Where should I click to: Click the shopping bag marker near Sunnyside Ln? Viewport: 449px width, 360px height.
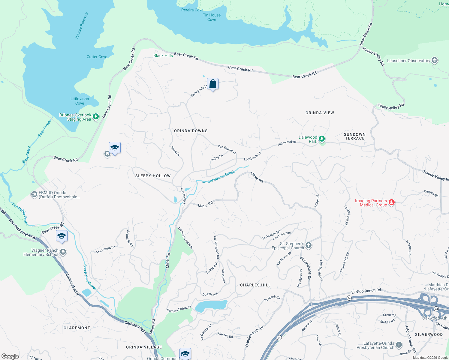coord(212,84)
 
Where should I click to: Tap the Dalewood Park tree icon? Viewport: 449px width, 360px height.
coord(321,139)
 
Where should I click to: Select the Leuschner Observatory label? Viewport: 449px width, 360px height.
coord(408,61)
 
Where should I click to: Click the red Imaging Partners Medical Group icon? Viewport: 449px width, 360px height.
coord(391,202)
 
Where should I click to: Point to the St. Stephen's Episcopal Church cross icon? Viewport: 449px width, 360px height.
coord(309,246)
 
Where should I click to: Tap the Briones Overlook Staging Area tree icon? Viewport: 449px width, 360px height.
coord(96,117)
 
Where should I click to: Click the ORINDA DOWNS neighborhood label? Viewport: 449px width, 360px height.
coord(191,131)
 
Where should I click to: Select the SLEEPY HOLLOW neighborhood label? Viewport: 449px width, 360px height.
coord(153,176)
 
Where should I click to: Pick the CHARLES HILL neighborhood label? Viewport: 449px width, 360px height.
coord(255,285)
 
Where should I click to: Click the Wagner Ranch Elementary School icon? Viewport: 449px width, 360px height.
coord(63,252)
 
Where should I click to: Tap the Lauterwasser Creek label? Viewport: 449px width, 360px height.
coord(218,177)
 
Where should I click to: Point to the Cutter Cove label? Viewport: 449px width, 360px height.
coord(97,57)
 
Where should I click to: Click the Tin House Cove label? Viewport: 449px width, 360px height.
coord(212,17)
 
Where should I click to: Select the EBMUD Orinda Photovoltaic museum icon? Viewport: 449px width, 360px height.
coord(34,195)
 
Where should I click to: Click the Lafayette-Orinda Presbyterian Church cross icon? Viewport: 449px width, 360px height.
coord(399,345)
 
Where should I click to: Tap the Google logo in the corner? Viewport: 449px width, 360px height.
coord(10,356)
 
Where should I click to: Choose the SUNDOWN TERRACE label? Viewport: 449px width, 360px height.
coord(355,136)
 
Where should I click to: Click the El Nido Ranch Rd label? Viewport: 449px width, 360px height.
coord(366,291)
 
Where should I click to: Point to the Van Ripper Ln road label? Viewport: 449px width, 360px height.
coord(227,149)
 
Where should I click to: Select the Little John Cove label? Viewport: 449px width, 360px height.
coord(80,101)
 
